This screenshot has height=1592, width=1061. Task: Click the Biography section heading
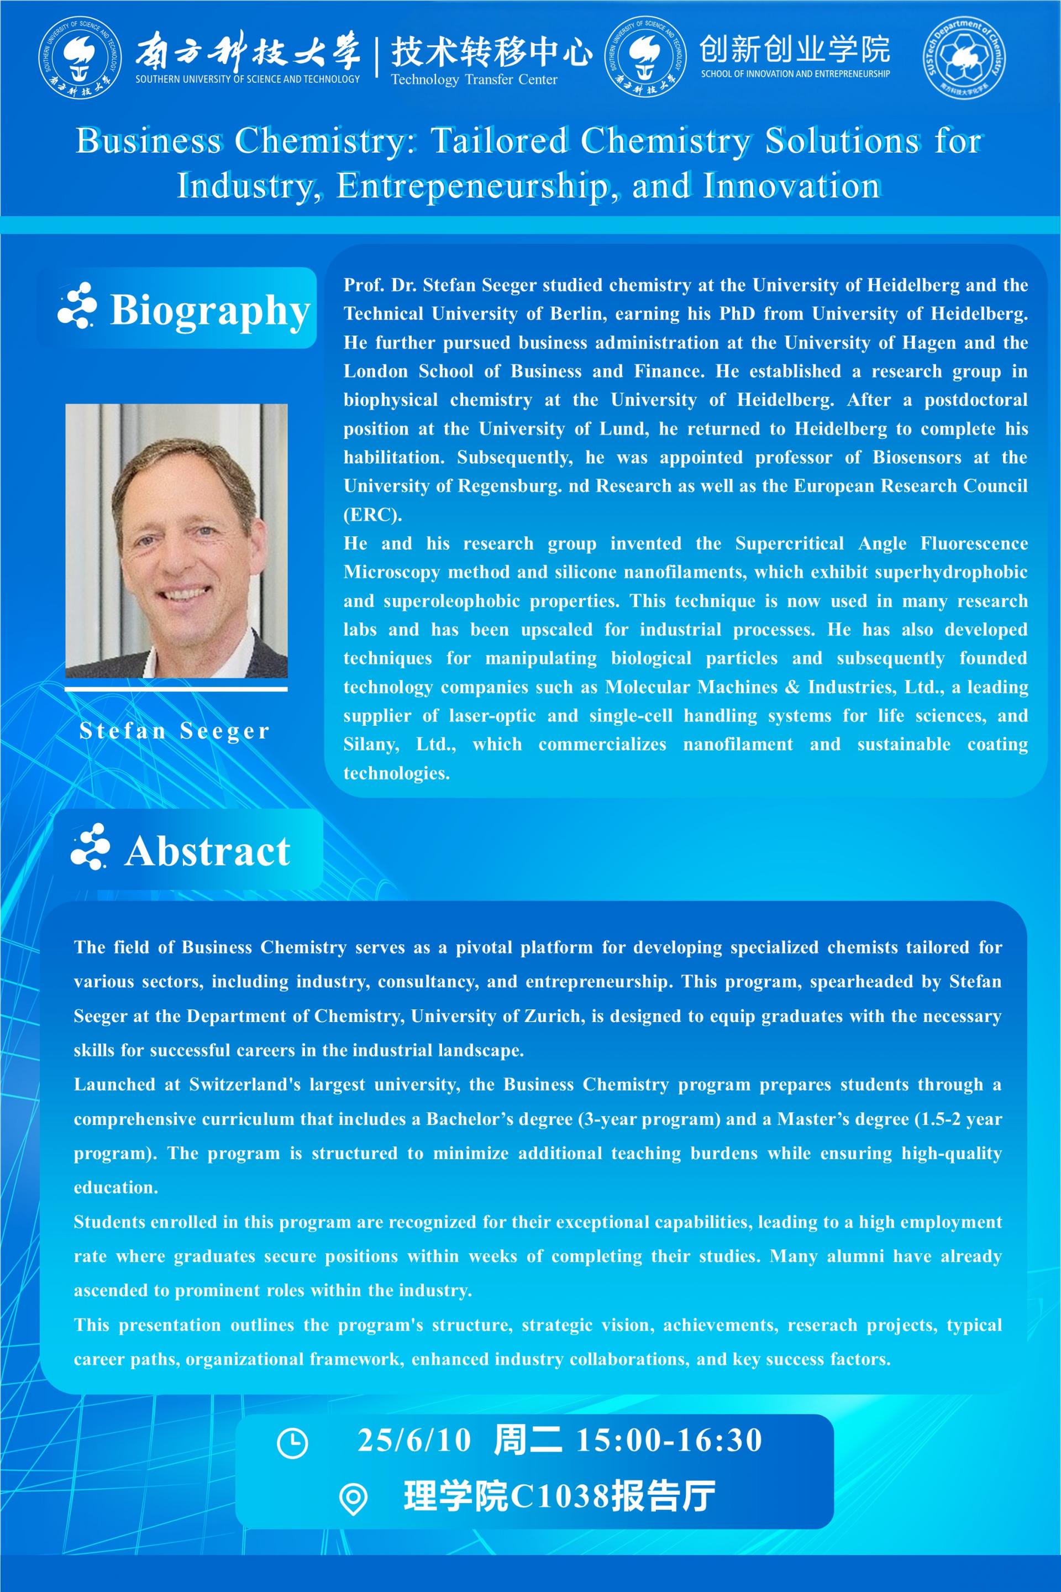(210, 310)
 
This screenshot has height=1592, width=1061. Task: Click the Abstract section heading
(207, 851)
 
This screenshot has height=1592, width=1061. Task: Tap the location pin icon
(353, 1499)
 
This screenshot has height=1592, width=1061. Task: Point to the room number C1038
(559, 1496)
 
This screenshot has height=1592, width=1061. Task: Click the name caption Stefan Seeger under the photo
(175, 731)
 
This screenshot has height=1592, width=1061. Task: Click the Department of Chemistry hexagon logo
(964, 58)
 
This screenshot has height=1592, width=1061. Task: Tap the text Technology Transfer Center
(474, 80)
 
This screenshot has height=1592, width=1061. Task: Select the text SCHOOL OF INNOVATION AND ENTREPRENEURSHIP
(795, 74)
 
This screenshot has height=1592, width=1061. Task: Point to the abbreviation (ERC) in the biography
(372, 515)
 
